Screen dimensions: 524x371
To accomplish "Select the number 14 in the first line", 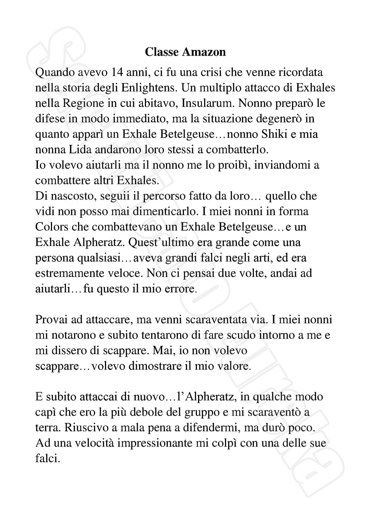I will tap(119, 72).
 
